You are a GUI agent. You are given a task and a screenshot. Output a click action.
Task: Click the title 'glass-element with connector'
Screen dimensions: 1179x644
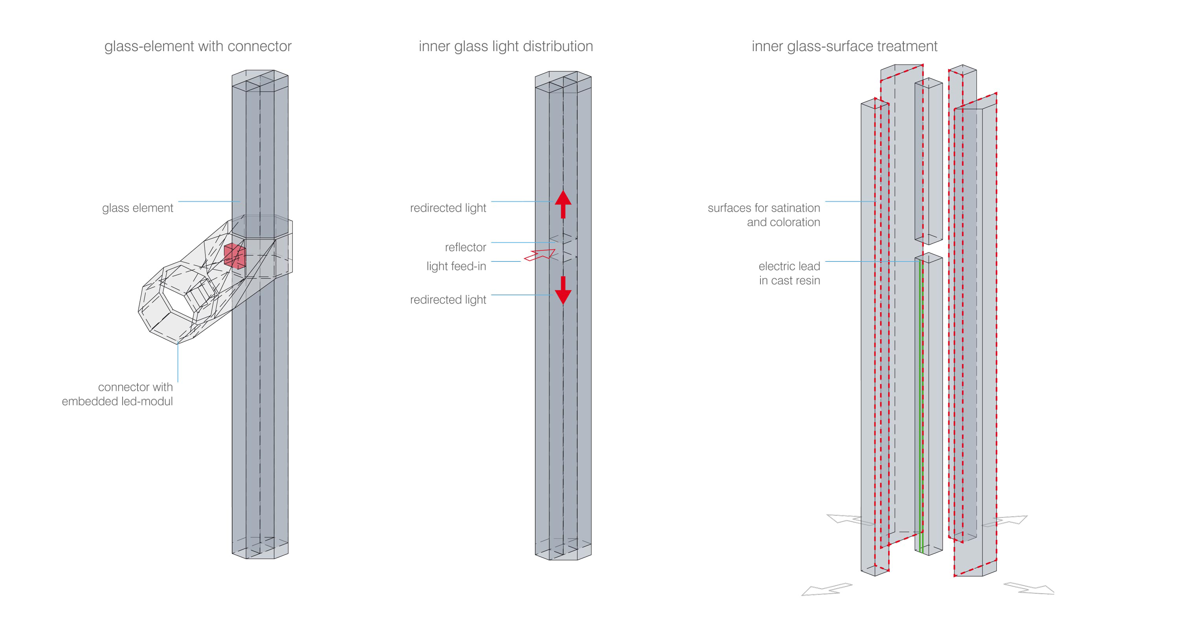pyautogui.click(x=198, y=46)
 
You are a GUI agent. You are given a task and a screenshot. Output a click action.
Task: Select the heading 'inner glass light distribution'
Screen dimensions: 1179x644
pyautogui.click(x=506, y=46)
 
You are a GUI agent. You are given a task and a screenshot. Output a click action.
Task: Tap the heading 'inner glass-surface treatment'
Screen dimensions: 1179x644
pyautogui.click(x=845, y=46)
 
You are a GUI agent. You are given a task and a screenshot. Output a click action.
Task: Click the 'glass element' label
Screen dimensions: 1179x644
pyautogui.click(x=137, y=208)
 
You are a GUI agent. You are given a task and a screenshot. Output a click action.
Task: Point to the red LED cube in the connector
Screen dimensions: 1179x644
pyautogui.click(x=235, y=256)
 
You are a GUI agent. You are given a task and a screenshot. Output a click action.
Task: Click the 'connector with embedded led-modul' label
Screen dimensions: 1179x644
pyautogui.click(x=117, y=394)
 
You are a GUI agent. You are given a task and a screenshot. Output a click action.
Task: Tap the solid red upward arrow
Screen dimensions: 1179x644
pyautogui.click(x=563, y=204)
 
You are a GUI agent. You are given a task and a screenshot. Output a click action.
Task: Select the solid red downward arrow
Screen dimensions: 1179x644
pyautogui.click(x=563, y=291)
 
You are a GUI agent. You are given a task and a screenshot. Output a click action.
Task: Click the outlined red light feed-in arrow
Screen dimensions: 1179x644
pyautogui.click(x=540, y=255)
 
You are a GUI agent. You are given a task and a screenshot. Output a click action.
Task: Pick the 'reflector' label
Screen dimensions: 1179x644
pyautogui.click(x=465, y=247)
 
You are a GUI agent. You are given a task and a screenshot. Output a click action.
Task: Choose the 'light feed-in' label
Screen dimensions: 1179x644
pyautogui.click(x=456, y=266)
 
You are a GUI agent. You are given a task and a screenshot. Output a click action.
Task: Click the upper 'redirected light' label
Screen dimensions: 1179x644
pyautogui.click(x=448, y=208)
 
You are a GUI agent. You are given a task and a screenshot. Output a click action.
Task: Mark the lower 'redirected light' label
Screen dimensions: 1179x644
pyautogui.click(x=448, y=300)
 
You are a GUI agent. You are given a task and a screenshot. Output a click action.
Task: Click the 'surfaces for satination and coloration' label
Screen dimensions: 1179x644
pyautogui.click(x=764, y=215)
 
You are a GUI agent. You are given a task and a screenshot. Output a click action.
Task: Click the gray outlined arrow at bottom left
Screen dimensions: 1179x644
pyautogui.click(x=826, y=589)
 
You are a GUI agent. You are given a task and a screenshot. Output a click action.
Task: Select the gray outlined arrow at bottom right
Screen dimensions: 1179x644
pyautogui.click(x=1029, y=588)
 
